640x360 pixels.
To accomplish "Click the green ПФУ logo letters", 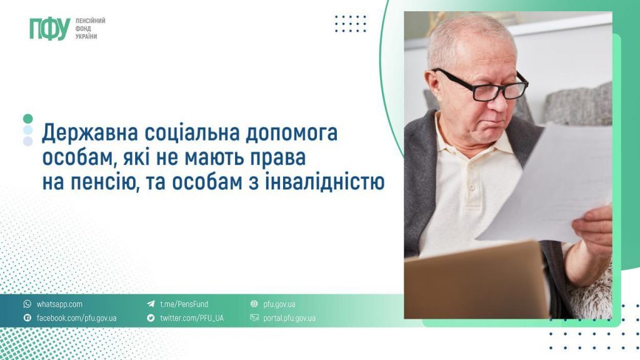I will (x=49, y=29).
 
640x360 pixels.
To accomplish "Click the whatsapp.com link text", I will (x=59, y=304).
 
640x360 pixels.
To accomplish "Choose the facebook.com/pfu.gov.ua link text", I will (x=76, y=318).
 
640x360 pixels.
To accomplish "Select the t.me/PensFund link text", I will (x=184, y=304).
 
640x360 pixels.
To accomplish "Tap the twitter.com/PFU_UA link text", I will (x=191, y=318).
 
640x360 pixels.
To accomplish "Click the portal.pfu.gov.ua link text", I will (x=289, y=318).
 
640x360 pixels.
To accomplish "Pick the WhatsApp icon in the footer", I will (x=27, y=304).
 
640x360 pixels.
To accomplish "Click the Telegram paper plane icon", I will (x=151, y=304).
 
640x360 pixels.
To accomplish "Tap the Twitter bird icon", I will (x=151, y=318).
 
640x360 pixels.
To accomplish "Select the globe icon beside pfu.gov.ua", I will (x=254, y=304).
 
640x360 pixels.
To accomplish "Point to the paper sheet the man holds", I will (x=550, y=181).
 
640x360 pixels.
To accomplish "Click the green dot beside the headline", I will (x=27, y=118).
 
